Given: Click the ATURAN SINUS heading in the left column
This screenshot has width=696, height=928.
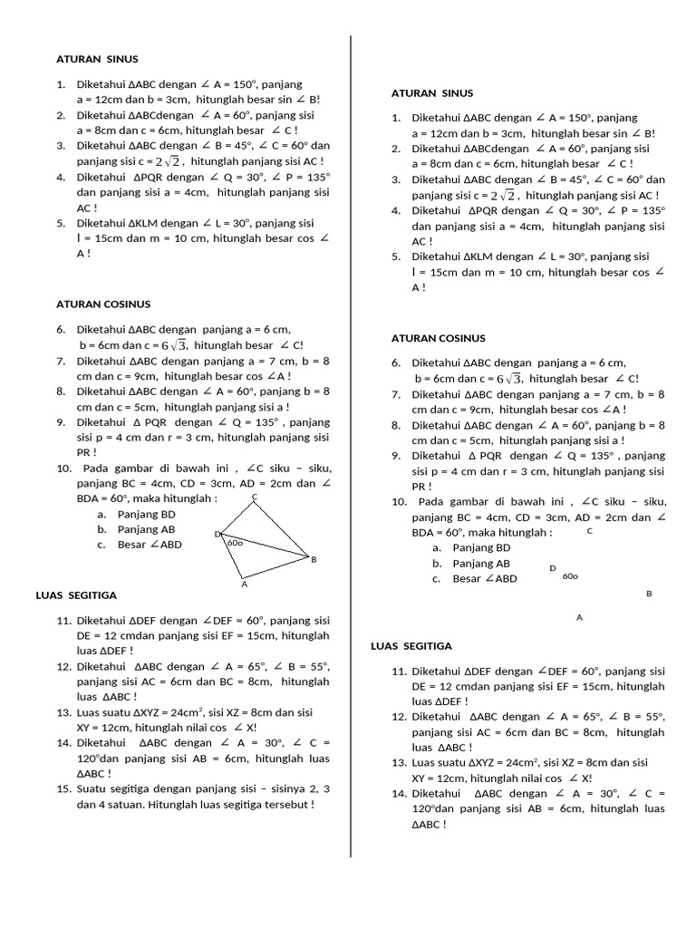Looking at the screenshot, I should pyautogui.click(x=97, y=59).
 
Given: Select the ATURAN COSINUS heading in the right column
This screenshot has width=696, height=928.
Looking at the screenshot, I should pyautogui.click(x=438, y=338).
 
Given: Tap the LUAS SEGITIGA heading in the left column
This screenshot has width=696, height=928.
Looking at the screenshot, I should pyautogui.click(x=76, y=595).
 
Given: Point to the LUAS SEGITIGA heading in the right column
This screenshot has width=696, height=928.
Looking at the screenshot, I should pyautogui.click(x=411, y=646).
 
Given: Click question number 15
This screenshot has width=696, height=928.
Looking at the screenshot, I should pyautogui.click(x=63, y=789).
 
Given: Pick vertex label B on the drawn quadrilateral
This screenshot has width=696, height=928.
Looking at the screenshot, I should pyautogui.click(x=314, y=560).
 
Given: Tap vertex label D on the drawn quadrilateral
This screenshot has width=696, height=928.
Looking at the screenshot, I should pyautogui.click(x=217, y=535).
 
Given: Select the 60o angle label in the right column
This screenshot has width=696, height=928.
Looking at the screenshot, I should pyautogui.click(x=570, y=575).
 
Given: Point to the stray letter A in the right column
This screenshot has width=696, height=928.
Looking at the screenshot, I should pyautogui.click(x=579, y=617).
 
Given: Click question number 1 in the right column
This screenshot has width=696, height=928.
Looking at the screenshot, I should pyautogui.click(x=396, y=118).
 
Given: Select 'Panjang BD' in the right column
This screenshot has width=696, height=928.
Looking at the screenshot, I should pyautogui.click(x=481, y=547).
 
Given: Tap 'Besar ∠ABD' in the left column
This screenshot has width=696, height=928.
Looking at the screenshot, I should pyautogui.click(x=150, y=545).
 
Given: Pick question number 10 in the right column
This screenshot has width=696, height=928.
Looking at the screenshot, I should pyautogui.click(x=399, y=502).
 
